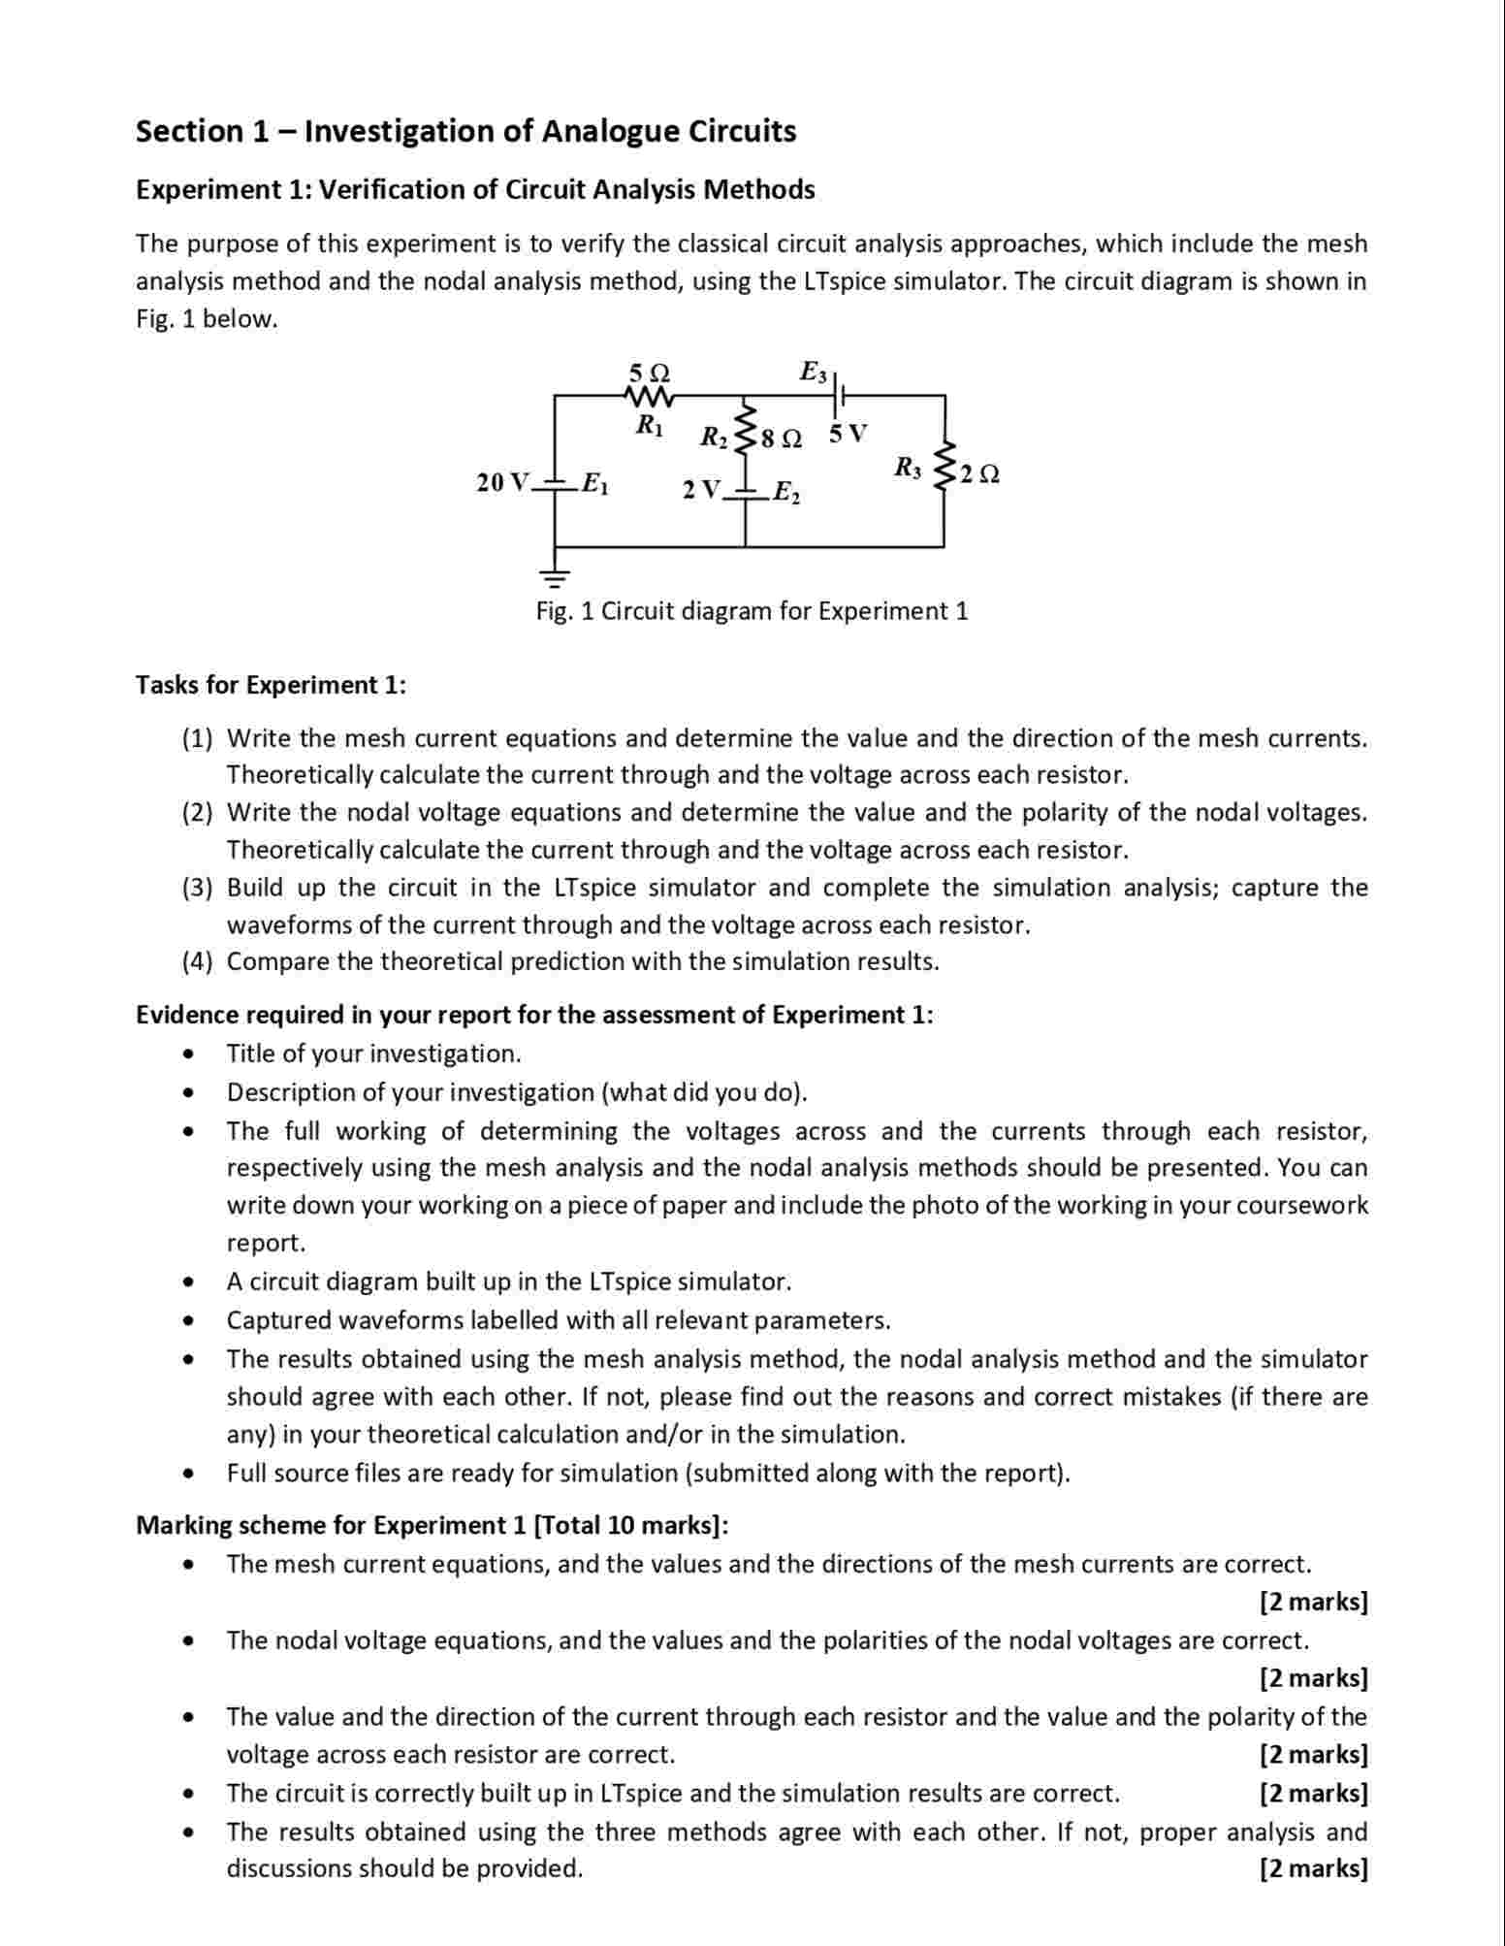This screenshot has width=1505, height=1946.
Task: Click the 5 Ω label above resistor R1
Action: [649, 373]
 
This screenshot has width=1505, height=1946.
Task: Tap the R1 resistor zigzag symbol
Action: [649, 397]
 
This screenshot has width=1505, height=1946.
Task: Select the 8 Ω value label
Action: [782, 439]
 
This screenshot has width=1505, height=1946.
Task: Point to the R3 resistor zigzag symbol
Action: [944, 471]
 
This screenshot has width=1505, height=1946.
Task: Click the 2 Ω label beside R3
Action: [979, 474]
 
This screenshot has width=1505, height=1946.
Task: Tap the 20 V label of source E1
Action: [503, 482]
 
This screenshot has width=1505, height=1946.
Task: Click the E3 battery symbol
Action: [841, 396]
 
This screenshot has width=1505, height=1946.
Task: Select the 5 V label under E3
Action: [849, 434]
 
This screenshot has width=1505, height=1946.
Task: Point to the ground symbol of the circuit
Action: [555, 580]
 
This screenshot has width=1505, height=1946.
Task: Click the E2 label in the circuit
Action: [786, 495]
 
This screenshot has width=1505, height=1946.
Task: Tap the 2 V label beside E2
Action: [700, 490]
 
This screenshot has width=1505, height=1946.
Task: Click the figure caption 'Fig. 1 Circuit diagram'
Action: [752, 611]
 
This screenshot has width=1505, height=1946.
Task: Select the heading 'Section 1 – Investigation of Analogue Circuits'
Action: [465, 131]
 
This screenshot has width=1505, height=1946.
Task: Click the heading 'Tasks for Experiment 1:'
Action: [271, 685]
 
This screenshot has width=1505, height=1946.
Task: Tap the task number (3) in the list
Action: [197, 888]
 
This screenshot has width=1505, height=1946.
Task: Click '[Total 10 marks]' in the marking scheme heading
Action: [629, 1525]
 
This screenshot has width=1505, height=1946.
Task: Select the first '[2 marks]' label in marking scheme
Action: [1313, 1602]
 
